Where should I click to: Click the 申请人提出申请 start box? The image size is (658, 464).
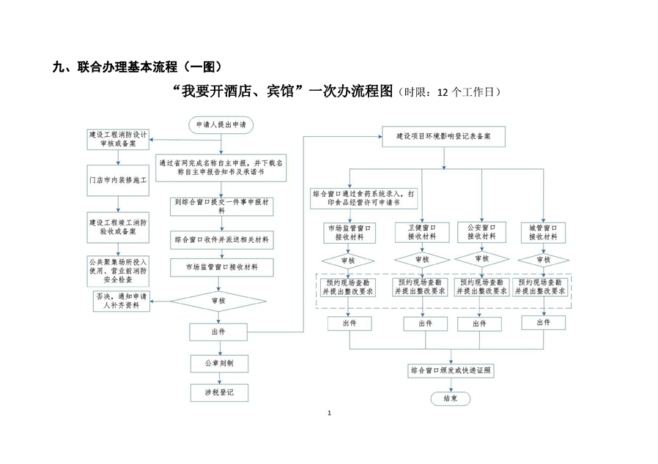tap(221, 125)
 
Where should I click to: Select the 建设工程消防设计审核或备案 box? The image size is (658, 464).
tap(117, 139)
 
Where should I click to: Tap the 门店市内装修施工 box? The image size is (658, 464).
tap(117, 180)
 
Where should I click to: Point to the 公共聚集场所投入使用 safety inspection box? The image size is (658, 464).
tap(117, 270)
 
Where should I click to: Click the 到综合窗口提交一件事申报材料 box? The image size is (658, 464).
tap(221, 206)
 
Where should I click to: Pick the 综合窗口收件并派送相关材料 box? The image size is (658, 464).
tap(221, 239)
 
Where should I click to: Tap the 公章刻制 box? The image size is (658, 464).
tap(221, 363)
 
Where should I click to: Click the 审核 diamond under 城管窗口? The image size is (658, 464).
tap(544, 260)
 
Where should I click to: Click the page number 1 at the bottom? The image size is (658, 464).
tap(330, 414)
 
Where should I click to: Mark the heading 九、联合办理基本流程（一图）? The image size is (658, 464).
tap(137, 67)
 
